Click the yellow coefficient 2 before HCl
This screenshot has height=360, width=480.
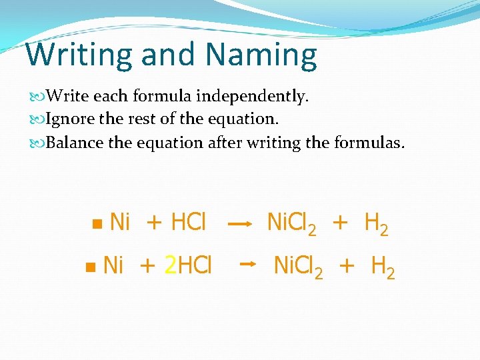(x=170, y=265)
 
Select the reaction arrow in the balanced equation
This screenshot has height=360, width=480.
(x=247, y=265)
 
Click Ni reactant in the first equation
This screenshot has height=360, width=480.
(x=119, y=222)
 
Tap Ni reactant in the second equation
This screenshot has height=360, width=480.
(x=114, y=265)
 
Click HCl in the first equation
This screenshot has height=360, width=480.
(x=189, y=222)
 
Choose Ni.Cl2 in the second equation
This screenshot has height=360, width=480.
(x=299, y=267)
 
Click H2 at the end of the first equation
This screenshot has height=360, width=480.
(x=377, y=224)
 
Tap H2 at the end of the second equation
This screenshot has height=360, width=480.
(x=383, y=267)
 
